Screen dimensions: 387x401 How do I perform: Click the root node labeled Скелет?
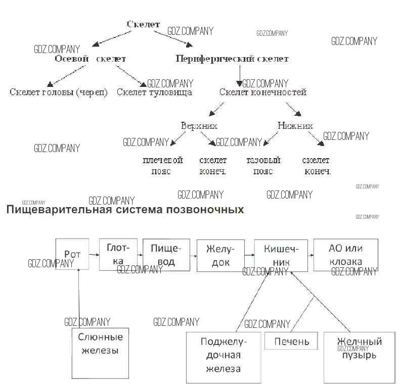(143, 24)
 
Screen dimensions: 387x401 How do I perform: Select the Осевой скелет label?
(90, 59)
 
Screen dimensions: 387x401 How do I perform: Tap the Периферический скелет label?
(232, 59)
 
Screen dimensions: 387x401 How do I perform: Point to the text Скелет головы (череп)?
(59, 92)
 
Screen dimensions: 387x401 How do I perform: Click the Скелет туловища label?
(154, 92)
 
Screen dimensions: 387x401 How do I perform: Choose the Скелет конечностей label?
(263, 92)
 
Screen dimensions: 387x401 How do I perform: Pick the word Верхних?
(199, 126)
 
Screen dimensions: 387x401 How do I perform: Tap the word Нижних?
(295, 126)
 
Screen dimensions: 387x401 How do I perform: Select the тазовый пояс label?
(263, 166)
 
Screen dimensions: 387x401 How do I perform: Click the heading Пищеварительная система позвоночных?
(125, 209)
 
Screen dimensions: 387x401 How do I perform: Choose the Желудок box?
(220, 255)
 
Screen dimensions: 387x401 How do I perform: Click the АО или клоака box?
(346, 255)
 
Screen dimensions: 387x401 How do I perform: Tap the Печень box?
(292, 342)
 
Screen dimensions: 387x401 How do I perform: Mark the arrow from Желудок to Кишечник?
(249, 256)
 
